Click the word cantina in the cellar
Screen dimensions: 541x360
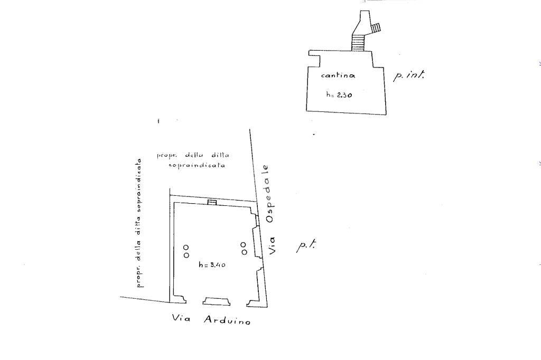338,75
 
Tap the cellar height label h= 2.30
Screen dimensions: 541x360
339,94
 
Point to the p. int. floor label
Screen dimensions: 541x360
408,75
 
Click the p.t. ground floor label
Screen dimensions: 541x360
306,246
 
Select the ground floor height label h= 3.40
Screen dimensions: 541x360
212,265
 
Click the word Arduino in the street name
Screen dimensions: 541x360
227,320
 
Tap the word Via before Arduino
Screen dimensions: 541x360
181,318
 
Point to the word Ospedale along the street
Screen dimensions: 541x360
268,194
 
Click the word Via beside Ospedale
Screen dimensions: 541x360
272,245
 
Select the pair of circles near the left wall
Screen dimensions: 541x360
186,251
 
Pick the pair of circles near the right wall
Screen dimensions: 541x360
244,248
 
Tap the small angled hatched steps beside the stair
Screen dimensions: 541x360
376,28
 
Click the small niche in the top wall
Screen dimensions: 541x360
212,202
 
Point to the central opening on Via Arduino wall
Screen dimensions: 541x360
217,301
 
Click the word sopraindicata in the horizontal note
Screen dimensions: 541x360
197,165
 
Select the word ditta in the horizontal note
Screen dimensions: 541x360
220,155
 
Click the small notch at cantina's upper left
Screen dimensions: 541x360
314,59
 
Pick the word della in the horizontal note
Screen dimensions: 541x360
195,155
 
